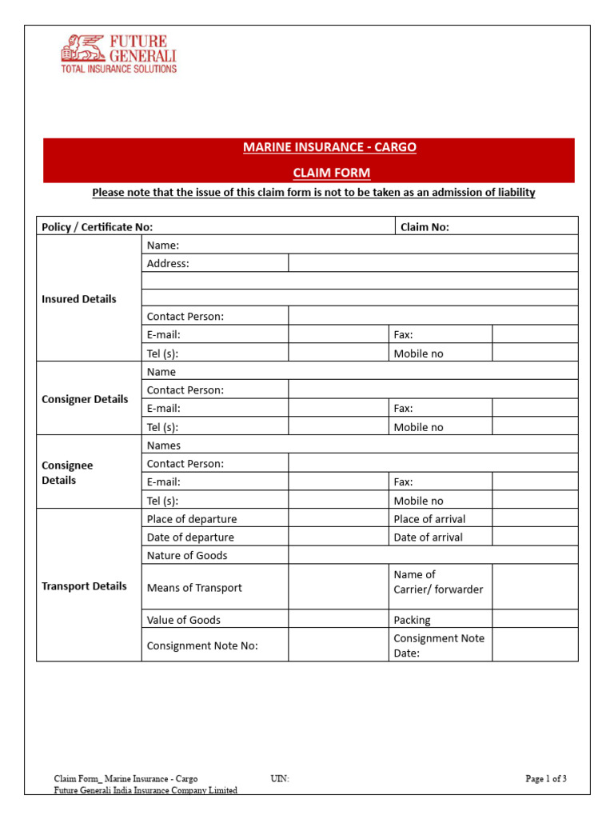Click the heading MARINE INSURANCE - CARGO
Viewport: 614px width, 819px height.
pos(329,148)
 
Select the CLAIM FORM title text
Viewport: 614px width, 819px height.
pos(330,173)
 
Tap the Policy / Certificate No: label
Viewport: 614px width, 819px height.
pos(97,227)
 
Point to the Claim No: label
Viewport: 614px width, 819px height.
pos(425,227)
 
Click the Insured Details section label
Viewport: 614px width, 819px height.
pos(78,299)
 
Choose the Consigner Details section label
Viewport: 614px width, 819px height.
pos(85,399)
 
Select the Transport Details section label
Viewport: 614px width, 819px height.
pos(84,586)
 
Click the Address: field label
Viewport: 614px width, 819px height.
pos(168,263)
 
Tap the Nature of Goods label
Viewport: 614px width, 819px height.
pos(187,555)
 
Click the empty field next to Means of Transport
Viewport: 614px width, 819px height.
pos(338,587)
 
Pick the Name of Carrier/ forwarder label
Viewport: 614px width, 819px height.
pos(438,582)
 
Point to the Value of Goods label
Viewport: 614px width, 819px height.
pos(184,620)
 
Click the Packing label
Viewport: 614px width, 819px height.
pos(412,620)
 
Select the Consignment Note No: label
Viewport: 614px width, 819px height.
pos(202,645)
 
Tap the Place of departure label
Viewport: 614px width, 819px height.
pos(192,519)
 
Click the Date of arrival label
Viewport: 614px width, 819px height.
pos(428,537)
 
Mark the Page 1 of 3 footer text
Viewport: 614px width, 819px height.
pos(546,778)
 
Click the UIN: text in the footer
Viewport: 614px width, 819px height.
pos(280,778)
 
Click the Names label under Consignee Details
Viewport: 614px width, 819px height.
pos(164,445)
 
